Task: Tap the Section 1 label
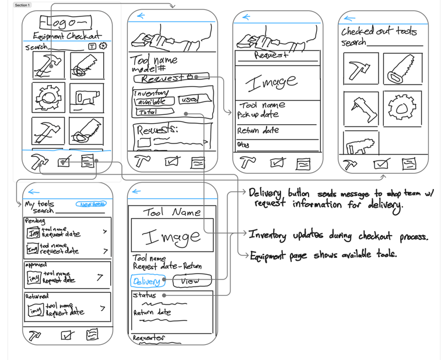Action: tap(22, 5)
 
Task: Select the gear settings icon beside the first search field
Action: tap(103, 46)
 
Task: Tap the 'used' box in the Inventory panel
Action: tap(188, 100)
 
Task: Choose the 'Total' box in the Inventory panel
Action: tap(147, 111)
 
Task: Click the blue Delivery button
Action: tap(146, 281)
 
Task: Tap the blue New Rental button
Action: tap(92, 204)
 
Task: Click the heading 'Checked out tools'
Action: tap(379, 31)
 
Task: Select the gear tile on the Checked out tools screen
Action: tap(402, 109)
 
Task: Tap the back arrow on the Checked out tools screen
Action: tap(350, 19)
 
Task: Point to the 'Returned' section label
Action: tap(36, 296)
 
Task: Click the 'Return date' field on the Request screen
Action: tap(258, 131)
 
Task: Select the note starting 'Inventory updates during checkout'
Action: tap(338, 236)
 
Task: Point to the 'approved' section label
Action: tap(36, 264)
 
